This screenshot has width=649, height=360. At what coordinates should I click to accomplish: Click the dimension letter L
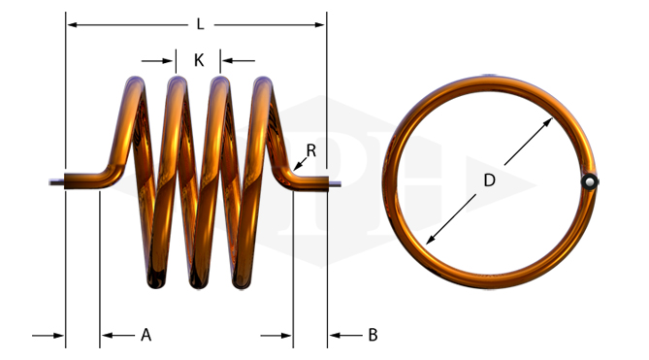[x=201, y=24]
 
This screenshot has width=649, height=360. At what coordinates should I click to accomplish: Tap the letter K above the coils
[x=199, y=60]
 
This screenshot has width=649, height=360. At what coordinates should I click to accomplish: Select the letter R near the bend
[x=311, y=150]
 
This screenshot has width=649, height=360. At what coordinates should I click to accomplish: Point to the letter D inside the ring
[x=489, y=180]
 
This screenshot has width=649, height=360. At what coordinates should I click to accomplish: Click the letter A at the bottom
[x=146, y=335]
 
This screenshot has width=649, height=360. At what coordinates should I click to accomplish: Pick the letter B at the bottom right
[x=373, y=335]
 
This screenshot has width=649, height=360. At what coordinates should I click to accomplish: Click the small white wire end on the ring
[x=590, y=181]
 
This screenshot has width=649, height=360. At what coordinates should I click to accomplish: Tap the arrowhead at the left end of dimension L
[x=72, y=25]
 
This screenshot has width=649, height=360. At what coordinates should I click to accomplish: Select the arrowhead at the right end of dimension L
[x=320, y=25]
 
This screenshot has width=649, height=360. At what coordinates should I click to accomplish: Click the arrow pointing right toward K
[x=157, y=61]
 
